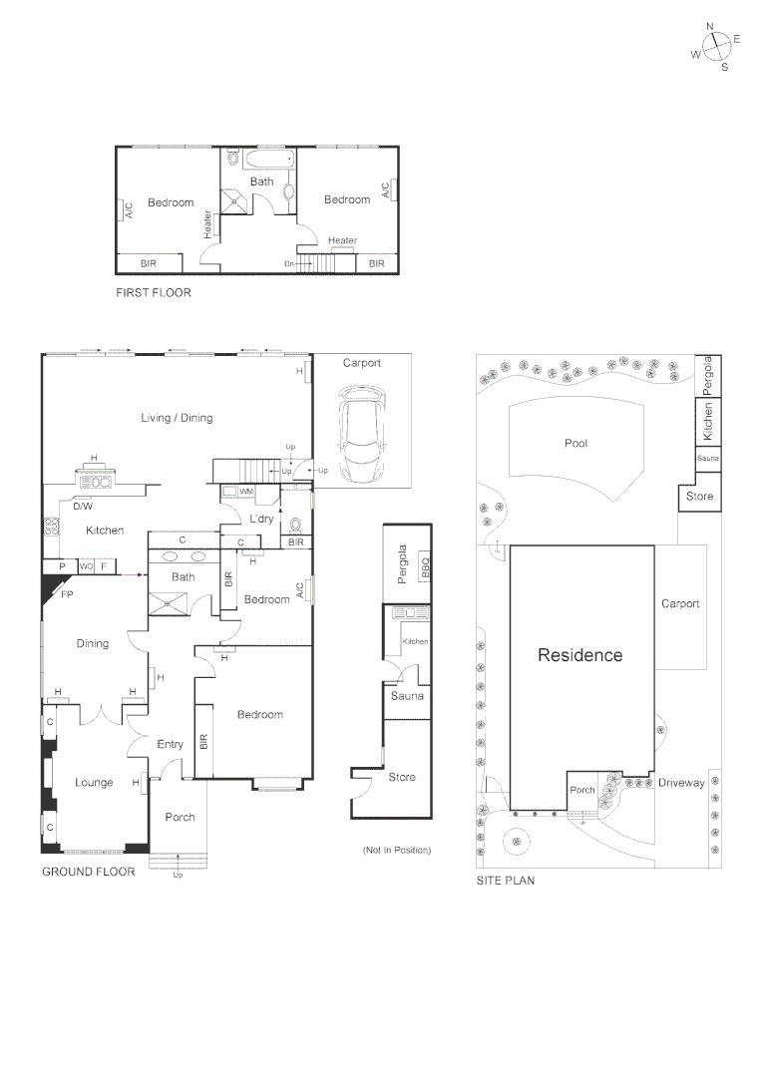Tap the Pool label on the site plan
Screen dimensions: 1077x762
(x=575, y=444)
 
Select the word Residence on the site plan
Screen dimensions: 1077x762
(x=579, y=655)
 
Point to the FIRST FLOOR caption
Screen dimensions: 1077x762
(x=153, y=293)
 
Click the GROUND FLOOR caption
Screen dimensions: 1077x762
(x=88, y=872)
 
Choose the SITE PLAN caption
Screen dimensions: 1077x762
(x=506, y=881)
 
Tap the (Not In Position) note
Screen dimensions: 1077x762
(x=396, y=850)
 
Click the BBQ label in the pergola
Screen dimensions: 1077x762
(x=425, y=566)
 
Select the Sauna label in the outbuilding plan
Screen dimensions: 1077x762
(x=407, y=695)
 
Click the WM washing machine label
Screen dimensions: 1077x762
(x=246, y=492)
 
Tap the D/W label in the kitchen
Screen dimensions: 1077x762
(x=82, y=506)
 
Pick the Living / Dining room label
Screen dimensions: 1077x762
(x=177, y=418)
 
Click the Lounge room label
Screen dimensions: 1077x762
(x=94, y=783)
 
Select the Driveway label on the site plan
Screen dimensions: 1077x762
(x=681, y=783)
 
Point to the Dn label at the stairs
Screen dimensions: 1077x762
(x=289, y=263)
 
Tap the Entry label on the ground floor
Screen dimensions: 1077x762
(x=171, y=744)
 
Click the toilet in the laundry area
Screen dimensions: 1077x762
(x=294, y=525)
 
